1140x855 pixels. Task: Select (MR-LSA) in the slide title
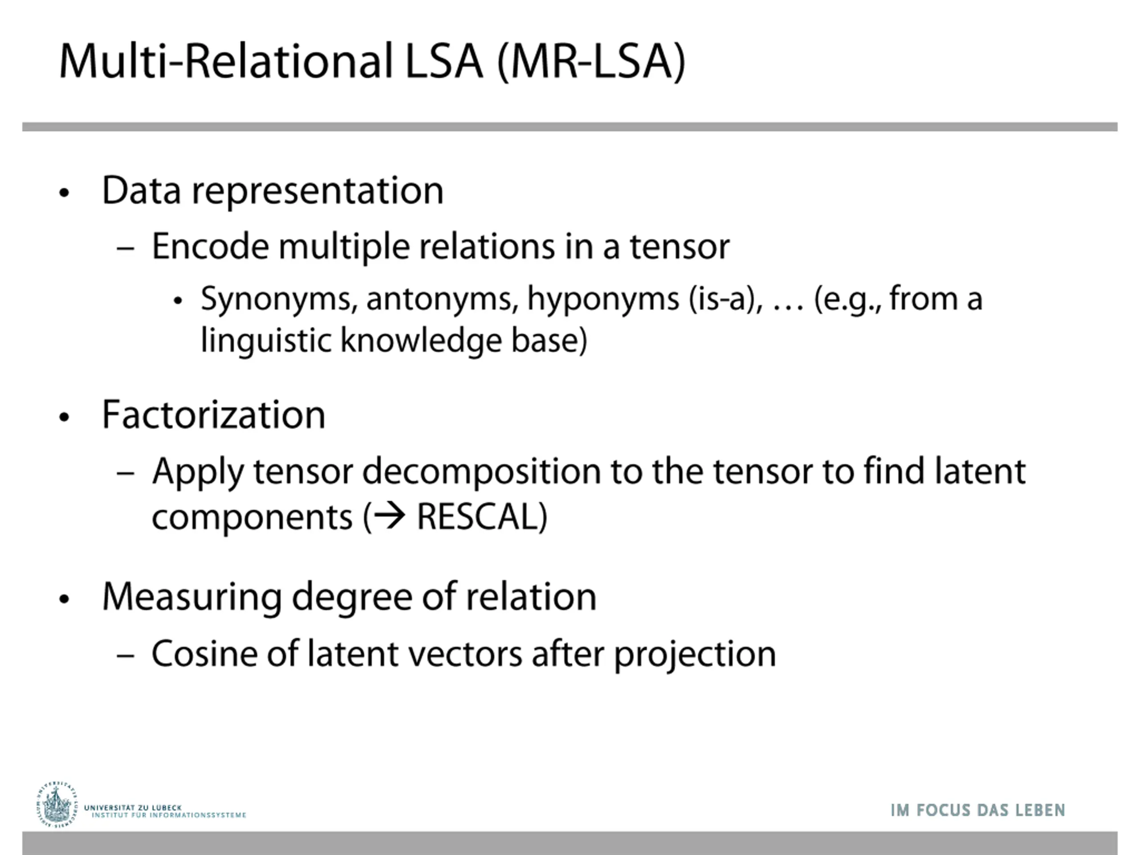[591, 62]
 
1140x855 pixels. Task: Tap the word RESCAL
[481, 517]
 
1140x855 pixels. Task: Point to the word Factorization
[213, 415]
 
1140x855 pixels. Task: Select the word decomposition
[481, 472]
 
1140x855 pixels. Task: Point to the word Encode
[210, 246]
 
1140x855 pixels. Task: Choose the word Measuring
[192, 597]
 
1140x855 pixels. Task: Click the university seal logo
[57, 805]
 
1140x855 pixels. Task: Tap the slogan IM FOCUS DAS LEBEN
[977, 810]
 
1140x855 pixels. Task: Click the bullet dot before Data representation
[64, 193]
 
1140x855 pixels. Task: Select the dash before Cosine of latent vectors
[126, 655]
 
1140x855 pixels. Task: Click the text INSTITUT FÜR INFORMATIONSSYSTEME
[169, 815]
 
